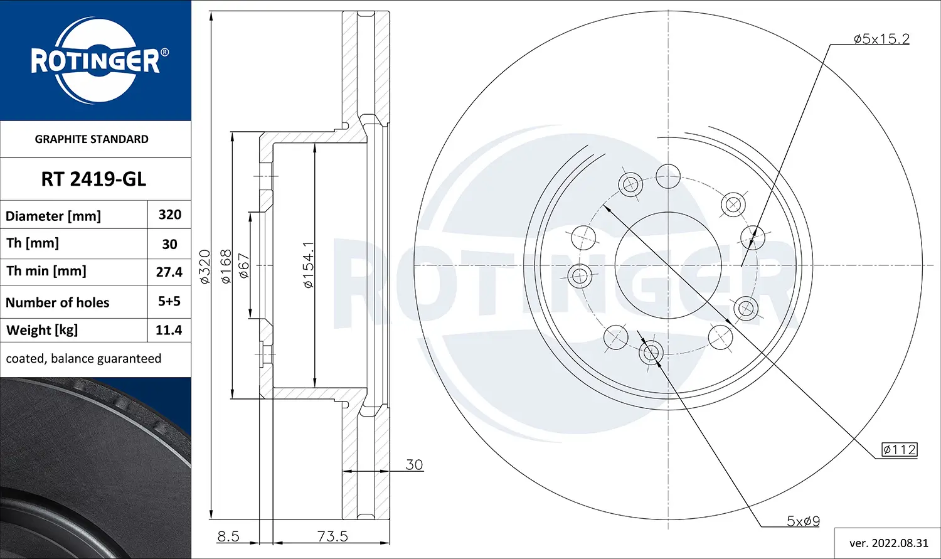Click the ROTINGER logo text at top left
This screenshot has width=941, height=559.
[x=95, y=61]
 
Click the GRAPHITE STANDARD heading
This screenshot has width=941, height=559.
[x=92, y=139]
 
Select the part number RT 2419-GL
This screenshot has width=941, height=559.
[x=93, y=179]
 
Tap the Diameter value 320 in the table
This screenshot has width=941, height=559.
[x=169, y=215]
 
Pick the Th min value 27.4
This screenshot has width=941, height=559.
[x=169, y=272]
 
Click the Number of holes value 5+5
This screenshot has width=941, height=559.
[x=169, y=301]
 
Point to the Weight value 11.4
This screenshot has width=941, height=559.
[x=169, y=330]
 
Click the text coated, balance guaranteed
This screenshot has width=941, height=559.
[x=83, y=359]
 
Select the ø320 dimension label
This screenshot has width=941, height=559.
[x=205, y=266]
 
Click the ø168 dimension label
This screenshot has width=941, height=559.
[x=226, y=266]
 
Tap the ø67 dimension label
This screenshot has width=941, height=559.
[x=244, y=266]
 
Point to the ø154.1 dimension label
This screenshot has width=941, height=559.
[x=308, y=265]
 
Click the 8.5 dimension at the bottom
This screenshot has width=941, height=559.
[x=228, y=536]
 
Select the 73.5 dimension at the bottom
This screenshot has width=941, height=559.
[x=332, y=536]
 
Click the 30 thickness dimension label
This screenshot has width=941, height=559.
[x=414, y=465]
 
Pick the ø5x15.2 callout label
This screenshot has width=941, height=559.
[x=881, y=39]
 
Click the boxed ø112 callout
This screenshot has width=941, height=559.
[x=900, y=449]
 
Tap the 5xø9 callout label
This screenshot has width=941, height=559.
[x=803, y=521]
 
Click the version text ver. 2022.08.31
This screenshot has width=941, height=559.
[x=888, y=543]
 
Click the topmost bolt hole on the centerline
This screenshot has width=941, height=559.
[x=668, y=176]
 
